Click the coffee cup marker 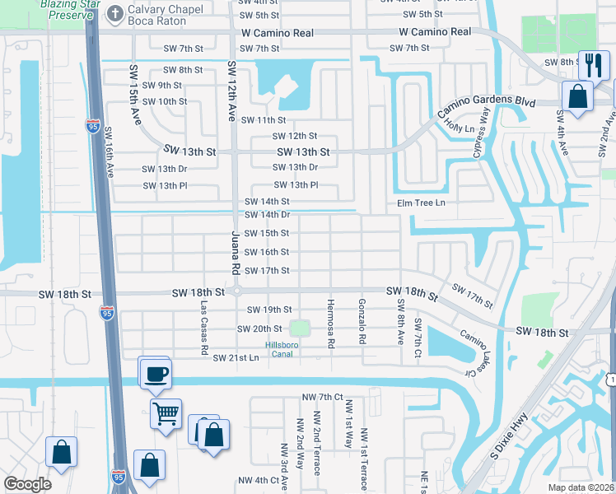pos(155,374)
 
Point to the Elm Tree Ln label pos(421,203)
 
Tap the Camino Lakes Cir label pos(470,352)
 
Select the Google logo pos(27,484)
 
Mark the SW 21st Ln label pos(236,358)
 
